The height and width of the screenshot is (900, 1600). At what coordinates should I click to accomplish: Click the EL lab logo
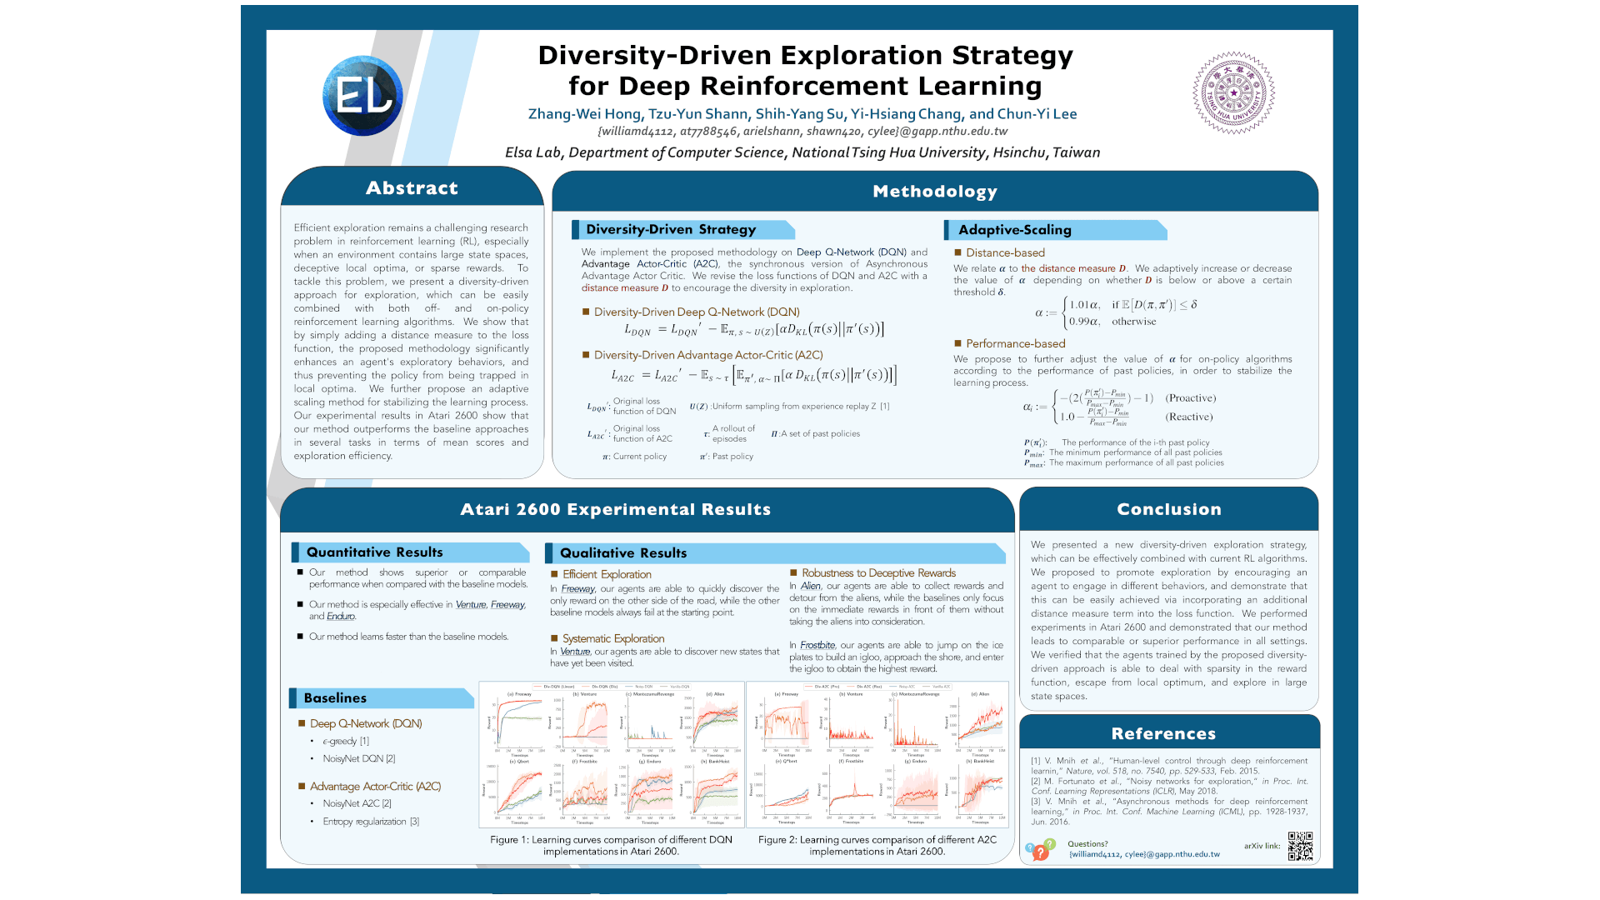click(x=362, y=96)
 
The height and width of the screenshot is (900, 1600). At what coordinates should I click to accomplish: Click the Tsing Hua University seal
click(x=1233, y=92)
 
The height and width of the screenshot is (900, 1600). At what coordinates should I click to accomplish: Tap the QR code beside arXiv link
click(x=1300, y=846)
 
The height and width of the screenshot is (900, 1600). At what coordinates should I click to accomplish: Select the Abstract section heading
click(x=412, y=188)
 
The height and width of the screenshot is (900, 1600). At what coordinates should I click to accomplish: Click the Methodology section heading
click(x=934, y=192)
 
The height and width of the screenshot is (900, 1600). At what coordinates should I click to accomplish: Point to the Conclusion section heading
click(x=1168, y=509)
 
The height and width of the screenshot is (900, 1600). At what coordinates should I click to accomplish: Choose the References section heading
click(x=1163, y=733)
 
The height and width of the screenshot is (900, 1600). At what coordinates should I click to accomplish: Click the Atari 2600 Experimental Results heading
click(x=615, y=509)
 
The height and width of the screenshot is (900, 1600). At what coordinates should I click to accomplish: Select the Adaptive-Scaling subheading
click(x=1014, y=230)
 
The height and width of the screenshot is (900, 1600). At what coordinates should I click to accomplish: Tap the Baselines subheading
click(x=335, y=698)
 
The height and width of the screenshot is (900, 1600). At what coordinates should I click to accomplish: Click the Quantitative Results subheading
click(x=374, y=552)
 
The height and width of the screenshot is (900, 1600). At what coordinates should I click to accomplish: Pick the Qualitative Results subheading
click(x=622, y=553)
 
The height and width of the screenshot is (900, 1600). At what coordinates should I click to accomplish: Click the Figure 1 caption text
click(x=611, y=845)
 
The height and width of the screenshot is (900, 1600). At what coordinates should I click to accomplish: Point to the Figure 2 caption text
click(x=877, y=845)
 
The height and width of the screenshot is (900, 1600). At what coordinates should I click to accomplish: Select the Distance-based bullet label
click(x=1005, y=252)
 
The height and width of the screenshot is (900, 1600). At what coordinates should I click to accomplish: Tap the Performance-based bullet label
click(x=1015, y=343)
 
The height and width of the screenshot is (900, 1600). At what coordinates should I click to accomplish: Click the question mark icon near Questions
click(x=1039, y=852)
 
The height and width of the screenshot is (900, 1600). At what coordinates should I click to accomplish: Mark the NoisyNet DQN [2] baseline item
click(x=358, y=759)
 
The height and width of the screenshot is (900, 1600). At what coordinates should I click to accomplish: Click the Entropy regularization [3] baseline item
click(x=371, y=822)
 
